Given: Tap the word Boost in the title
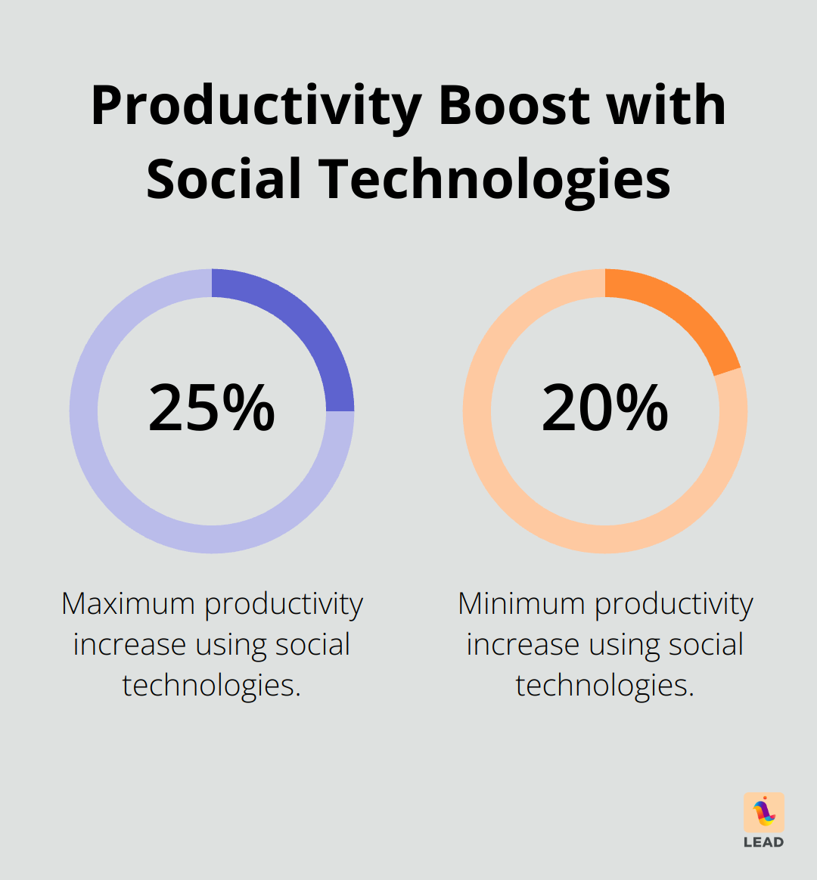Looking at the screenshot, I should [515, 105].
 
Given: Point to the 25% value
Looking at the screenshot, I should [212, 409].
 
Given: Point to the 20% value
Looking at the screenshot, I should [605, 409].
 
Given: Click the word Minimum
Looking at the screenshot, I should [521, 604].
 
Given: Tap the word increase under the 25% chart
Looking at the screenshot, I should [129, 645].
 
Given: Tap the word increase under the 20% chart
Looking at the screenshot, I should [523, 645].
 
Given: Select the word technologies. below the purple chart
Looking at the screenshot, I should [212, 686].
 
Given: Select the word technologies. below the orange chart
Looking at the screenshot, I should [605, 686].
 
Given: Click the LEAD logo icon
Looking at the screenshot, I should [764, 812].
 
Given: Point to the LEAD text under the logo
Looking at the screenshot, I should [764, 842].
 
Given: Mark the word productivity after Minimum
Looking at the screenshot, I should [673, 604].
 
